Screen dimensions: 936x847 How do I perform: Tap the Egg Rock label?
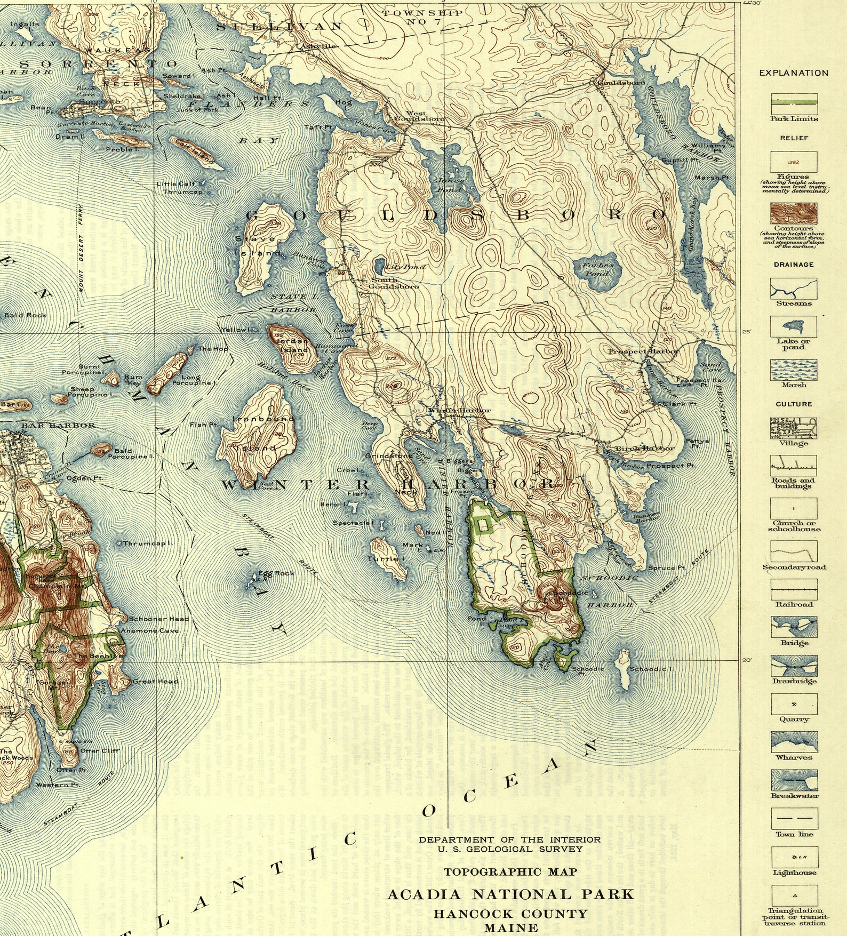[276, 573]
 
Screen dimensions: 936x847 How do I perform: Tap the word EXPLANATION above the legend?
[794, 73]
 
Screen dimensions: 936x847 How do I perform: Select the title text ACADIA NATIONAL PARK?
[510, 894]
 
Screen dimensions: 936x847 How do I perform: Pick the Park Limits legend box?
[794, 103]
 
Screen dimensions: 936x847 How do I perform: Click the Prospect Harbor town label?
[644, 351]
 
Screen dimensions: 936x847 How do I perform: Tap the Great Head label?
[155, 681]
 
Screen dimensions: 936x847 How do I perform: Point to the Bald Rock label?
[26, 315]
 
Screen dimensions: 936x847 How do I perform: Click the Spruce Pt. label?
[666, 568]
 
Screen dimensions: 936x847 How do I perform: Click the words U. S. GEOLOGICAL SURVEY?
[510, 849]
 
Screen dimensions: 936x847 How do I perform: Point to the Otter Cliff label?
[100, 750]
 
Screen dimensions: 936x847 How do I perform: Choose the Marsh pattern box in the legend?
[794, 370]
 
